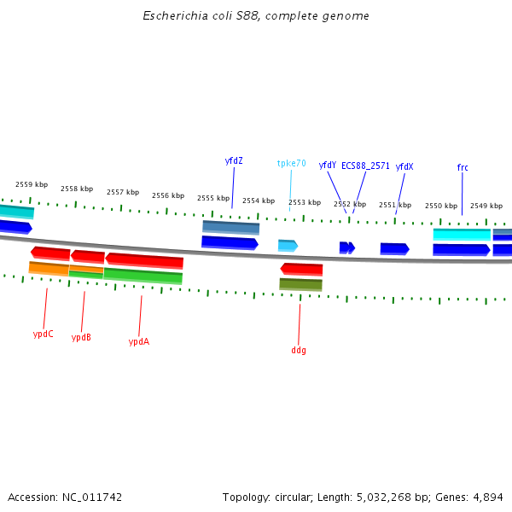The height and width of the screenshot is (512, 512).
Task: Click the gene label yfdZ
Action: click(x=234, y=160)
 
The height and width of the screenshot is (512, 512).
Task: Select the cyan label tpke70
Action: click(x=291, y=163)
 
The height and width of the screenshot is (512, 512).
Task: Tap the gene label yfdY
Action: click(x=327, y=166)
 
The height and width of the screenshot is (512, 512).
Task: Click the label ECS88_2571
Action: click(x=365, y=166)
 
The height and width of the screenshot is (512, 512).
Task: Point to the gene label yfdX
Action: click(x=404, y=166)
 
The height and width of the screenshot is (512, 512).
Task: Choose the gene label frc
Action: click(x=463, y=167)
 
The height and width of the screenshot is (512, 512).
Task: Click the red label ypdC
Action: click(x=44, y=334)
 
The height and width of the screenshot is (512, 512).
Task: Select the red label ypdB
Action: click(x=81, y=337)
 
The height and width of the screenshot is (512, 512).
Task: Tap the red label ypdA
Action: click(x=138, y=341)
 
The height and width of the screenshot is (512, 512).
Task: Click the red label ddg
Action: click(x=299, y=350)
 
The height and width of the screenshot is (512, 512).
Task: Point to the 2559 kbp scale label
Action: click(x=32, y=184)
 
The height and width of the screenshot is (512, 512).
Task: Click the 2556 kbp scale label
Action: click(x=168, y=195)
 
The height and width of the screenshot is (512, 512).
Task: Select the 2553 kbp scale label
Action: click(x=304, y=202)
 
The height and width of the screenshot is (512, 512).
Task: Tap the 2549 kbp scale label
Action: click(x=486, y=206)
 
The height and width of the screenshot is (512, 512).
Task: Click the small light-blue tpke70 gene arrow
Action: click(x=288, y=246)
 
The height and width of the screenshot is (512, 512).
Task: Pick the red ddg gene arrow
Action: click(x=301, y=269)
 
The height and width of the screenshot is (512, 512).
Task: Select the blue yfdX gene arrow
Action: click(x=394, y=248)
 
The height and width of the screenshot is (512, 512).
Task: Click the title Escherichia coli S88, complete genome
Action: click(x=256, y=16)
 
